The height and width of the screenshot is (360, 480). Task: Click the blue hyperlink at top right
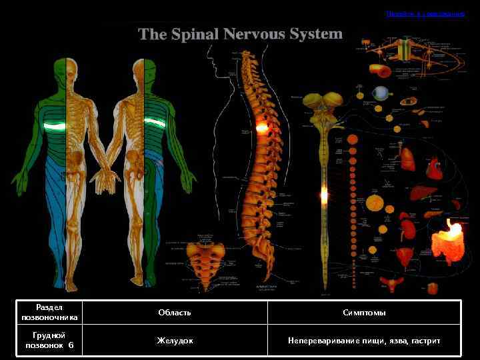425,13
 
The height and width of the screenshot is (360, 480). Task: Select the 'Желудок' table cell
175,341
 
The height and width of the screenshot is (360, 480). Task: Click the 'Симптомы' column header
364,312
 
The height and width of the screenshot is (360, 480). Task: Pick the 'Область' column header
175,312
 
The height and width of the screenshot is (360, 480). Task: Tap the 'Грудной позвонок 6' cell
49,341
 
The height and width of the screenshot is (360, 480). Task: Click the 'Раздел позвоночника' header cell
49,312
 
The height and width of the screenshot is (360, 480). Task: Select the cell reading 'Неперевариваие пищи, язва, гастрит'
364,341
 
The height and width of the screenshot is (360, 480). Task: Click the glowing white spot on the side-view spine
261,126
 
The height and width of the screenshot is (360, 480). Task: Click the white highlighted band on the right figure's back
155,122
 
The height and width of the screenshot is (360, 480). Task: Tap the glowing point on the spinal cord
324,195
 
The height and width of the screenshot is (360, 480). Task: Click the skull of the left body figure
65,68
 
